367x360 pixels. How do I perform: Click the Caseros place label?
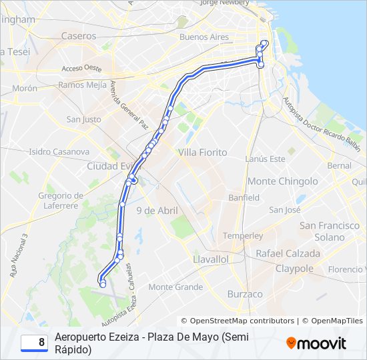click(79, 36)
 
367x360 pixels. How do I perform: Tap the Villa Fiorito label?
click(202, 153)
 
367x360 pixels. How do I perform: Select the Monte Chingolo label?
click(282, 181)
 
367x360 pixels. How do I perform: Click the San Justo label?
click(83, 119)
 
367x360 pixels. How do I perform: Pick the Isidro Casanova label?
click(59, 151)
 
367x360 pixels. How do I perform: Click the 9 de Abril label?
click(157, 211)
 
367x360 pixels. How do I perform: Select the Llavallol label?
click(210, 259)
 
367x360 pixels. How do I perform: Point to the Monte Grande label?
click(175, 287)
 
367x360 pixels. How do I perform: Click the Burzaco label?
click(245, 293)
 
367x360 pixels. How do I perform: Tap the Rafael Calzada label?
click(288, 253)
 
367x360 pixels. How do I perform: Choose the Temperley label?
click(243, 235)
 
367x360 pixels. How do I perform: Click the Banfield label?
click(244, 197)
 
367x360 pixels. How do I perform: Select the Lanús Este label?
click(265, 159)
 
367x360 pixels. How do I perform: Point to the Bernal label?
click(339, 165)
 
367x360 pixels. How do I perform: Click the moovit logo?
click(316, 343)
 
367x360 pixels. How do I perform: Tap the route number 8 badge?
click(34, 343)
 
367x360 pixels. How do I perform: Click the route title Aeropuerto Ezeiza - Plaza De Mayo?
click(152, 343)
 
